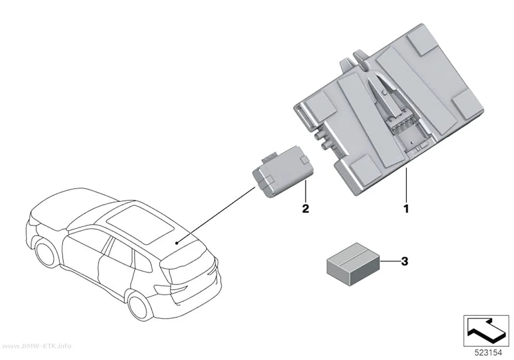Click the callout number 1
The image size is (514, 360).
pyautogui.click(x=406, y=209)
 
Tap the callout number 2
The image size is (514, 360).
pyautogui.click(x=305, y=209)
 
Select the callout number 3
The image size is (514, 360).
pyautogui.click(x=405, y=262)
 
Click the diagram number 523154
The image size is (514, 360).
pyautogui.click(x=489, y=353)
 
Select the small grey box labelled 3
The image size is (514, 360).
pyautogui.click(x=353, y=264)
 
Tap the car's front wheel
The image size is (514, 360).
pyautogui.click(x=47, y=254)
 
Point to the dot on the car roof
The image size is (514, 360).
pyautogui.click(x=177, y=242)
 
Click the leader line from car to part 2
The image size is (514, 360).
pyautogui.click(x=216, y=215)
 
